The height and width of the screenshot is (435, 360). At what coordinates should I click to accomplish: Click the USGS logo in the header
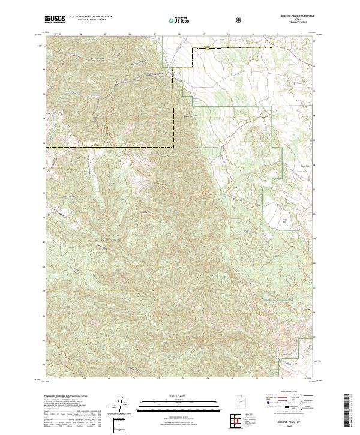point(55,20)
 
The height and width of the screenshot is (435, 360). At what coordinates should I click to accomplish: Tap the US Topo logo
point(180,20)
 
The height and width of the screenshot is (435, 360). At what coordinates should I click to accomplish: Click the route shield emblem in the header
point(239,20)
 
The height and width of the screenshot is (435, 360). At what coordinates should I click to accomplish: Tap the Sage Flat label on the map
point(286,221)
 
